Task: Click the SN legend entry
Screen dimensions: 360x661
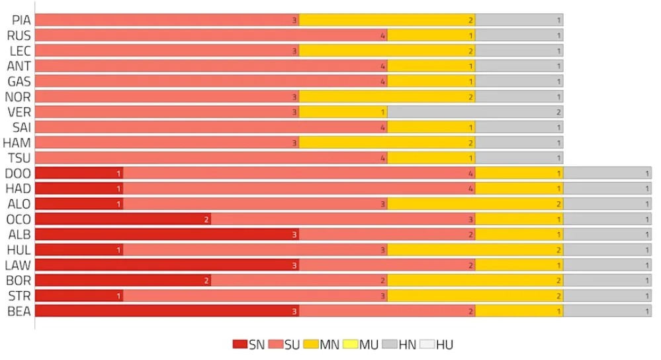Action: tap(249, 344)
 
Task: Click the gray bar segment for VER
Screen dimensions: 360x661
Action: tap(475, 112)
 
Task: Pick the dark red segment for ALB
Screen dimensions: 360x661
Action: tap(167, 234)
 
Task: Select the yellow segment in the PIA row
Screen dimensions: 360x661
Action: tap(387, 20)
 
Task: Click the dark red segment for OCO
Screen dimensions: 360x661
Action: tap(123, 219)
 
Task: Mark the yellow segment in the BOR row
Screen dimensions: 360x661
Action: tap(475, 281)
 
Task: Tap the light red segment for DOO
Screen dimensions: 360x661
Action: tap(299, 173)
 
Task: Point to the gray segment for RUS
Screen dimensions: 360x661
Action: tap(519, 35)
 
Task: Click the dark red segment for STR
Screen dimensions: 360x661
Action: tap(79, 296)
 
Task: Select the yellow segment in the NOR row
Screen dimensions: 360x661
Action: tap(387, 97)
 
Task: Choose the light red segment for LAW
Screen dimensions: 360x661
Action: tap(387, 265)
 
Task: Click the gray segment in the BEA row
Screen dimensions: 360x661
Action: tap(607, 311)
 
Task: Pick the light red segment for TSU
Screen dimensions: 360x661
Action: tap(211, 157)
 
